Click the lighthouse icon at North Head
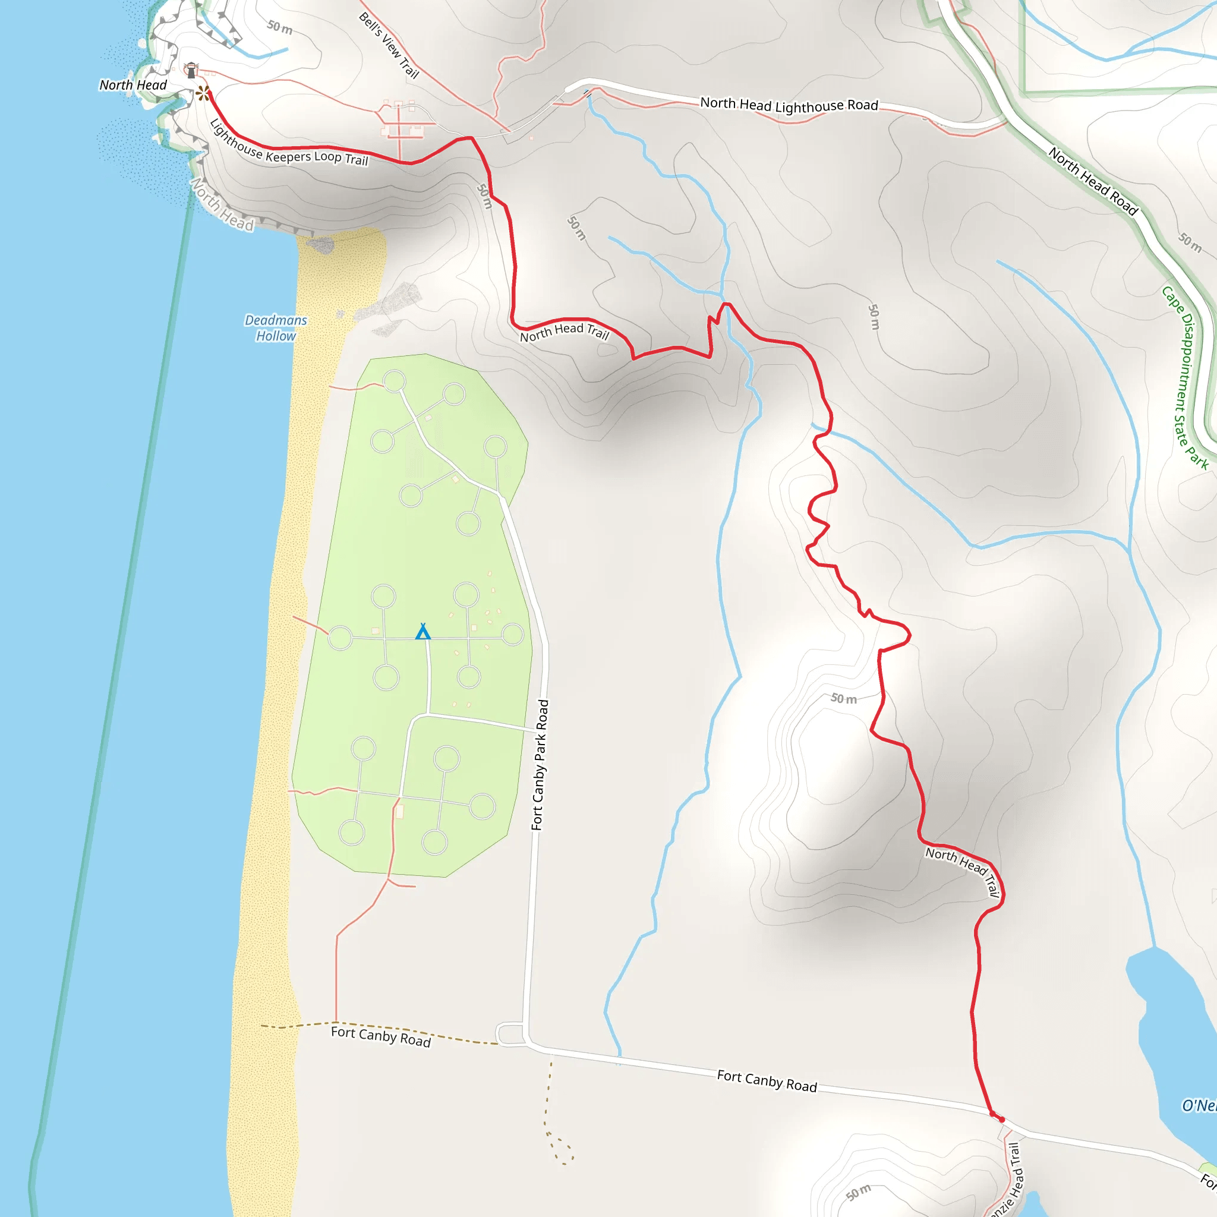click(x=191, y=70)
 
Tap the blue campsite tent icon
click(x=423, y=631)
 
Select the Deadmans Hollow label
click(x=276, y=328)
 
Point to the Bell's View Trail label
click(x=389, y=45)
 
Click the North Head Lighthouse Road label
click(x=789, y=105)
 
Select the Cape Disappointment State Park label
click(x=1184, y=377)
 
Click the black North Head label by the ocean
click(x=133, y=85)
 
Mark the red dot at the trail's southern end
click(x=1001, y=1120)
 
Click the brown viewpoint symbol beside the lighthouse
click(x=202, y=94)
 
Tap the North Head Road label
click(x=1093, y=181)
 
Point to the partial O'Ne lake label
click(x=1198, y=1105)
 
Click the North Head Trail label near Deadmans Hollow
click(x=565, y=332)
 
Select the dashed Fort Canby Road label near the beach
click(x=380, y=1036)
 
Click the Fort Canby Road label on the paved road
click(x=767, y=1081)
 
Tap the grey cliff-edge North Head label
click(x=222, y=205)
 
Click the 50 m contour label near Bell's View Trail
click(x=280, y=27)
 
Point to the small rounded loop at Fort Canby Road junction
click(x=510, y=1035)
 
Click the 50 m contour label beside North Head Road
click(x=1190, y=242)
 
